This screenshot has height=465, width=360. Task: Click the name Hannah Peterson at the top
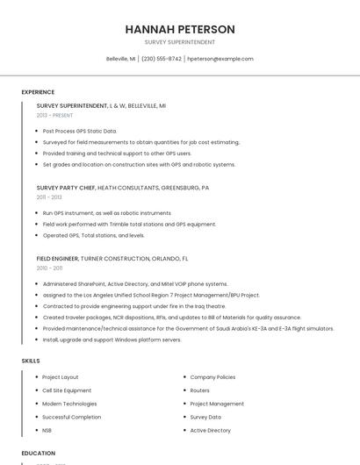(180, 29)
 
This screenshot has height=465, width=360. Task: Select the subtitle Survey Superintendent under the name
(180, 42)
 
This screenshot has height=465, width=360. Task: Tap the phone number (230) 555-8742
(161, 59)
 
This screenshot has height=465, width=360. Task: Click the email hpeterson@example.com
(220, 59)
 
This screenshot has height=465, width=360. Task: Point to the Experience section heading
(38, 92)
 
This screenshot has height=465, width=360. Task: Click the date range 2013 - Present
(54, 115)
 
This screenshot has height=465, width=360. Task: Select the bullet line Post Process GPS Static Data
(79, 131)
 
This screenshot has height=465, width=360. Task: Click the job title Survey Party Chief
(66, 188)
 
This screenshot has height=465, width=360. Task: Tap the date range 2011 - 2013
(49, 197)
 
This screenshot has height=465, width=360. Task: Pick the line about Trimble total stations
(129, 224)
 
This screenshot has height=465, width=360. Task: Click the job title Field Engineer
(57, 259)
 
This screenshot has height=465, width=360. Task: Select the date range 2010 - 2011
(49, 268)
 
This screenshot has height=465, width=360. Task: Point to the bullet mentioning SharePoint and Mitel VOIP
(134, 284)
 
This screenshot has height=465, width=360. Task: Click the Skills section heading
(31, 361)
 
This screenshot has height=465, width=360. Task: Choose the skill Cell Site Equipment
(67, 390)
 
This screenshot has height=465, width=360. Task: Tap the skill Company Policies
(212, 377)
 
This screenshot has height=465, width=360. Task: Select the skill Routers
(200, 390)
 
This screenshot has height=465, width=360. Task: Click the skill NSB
(47, 431)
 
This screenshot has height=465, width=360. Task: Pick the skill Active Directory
(211, 431)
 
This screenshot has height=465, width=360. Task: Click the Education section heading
(38, 454)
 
